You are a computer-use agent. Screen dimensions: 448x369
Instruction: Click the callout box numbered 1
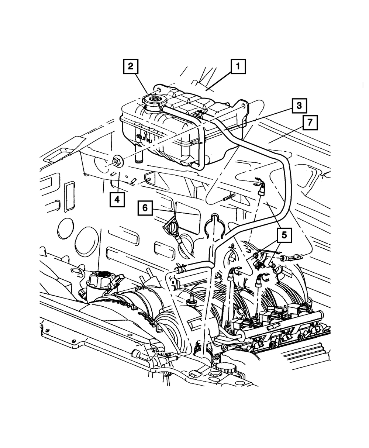pyautogui.click(x=238, y=67)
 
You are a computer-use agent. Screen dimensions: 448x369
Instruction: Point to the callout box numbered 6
pyautogui.click(x=145, y=208)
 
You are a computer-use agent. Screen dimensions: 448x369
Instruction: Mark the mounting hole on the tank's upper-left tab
pyautogui.click(x=158, y=89)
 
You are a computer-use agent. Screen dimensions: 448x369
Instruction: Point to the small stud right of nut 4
pyautogui.click(x=149, y=179)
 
